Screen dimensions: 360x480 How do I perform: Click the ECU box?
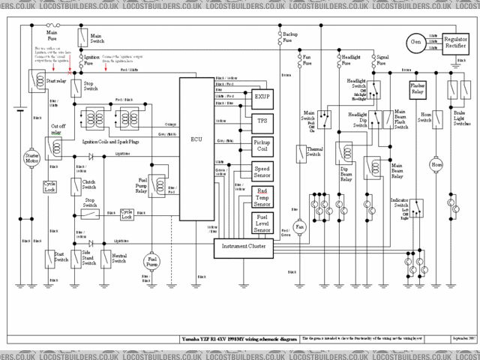(196, 139)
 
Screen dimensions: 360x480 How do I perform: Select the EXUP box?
(262, 97)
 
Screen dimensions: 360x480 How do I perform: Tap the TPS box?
(262, 120)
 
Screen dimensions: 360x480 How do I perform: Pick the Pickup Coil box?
(262, 145)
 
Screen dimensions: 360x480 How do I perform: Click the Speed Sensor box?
(262, 172)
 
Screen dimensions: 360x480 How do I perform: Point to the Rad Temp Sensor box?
(262, 197)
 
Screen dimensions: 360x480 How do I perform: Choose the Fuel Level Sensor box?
(262, 223)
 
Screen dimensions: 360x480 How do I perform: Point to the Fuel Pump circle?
(152, 261)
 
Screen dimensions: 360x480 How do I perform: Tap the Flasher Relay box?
(418, 89)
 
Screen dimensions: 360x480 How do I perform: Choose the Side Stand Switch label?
(88, 259)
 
